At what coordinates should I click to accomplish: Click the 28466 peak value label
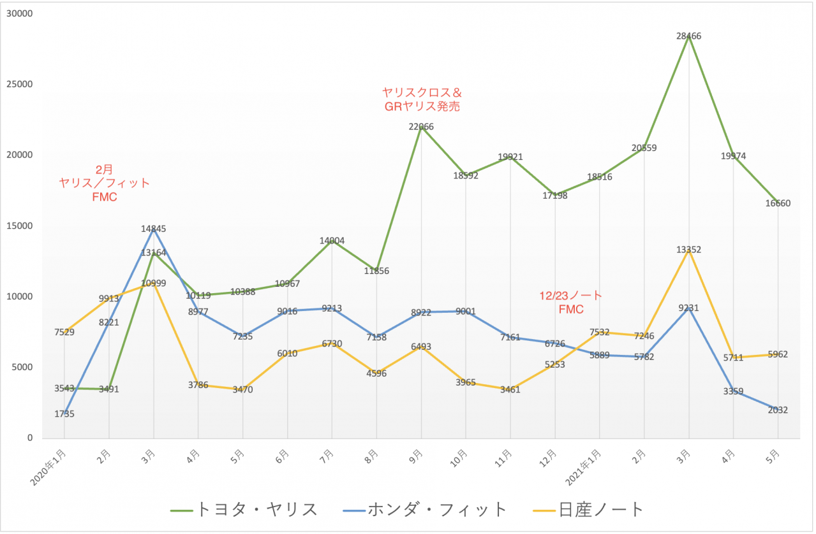(688, 36)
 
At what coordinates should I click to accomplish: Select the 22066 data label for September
(421, 127)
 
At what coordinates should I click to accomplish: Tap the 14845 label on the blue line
(153, 228)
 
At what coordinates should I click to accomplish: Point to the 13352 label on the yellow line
(688, 250)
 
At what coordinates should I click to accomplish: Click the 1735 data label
(64, 414)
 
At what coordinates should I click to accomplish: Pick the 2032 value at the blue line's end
(778, 410)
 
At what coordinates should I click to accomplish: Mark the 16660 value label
(778, 203)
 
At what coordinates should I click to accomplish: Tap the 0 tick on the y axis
(29, 438)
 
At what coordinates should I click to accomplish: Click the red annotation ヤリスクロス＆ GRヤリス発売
(422, 99)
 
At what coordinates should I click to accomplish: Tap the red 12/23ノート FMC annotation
(571, 303)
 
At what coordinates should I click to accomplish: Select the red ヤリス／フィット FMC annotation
(105, 183)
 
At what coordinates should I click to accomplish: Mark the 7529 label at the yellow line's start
(64, 331)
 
